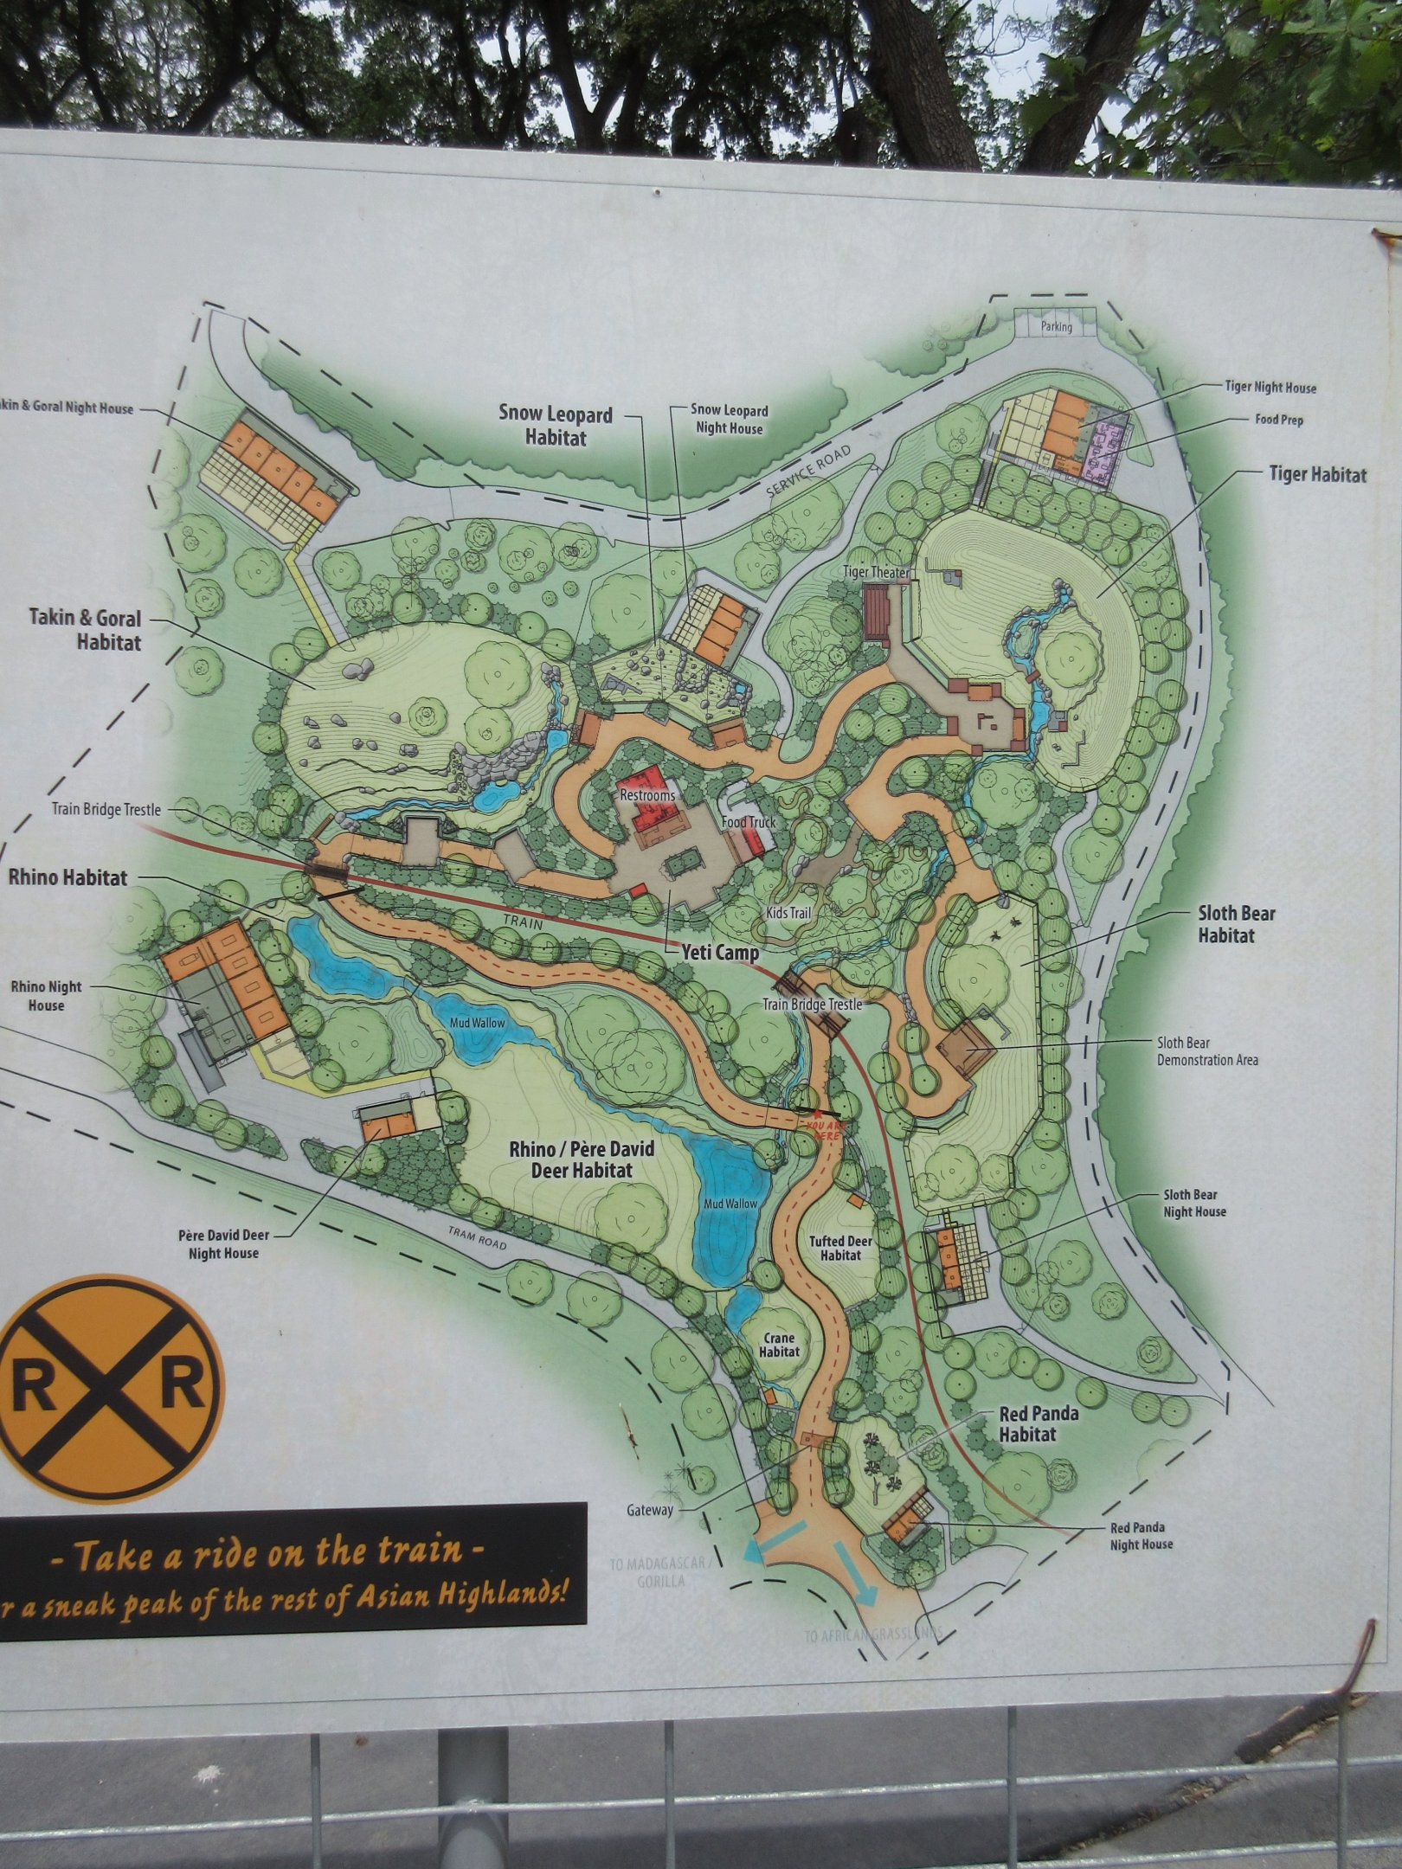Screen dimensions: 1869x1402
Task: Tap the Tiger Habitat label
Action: click(x=1317, y=474)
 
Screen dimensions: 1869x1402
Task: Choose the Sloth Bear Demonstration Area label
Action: click(x=1207, y=1050)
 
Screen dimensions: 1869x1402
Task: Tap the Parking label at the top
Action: click(x=1057, y=327)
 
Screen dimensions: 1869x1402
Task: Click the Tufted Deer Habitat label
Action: click(x=839, y=1249)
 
